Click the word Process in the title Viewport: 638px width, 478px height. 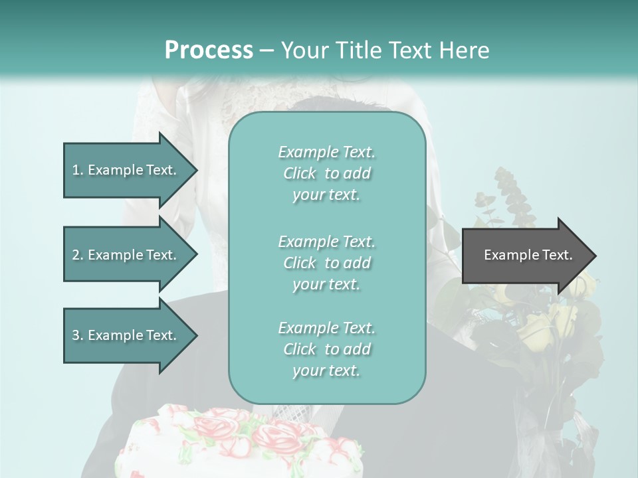[x=209, y=50]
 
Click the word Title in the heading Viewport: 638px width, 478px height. [x=359, y=50]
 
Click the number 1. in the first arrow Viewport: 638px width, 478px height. [x=78, y=170]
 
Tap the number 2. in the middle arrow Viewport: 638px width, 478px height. [x=78, y=255]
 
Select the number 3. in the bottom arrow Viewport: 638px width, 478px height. [x=78, y=335]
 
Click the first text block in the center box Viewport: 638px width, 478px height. [x=327, y=173]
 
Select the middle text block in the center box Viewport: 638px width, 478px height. [x=327, y=262]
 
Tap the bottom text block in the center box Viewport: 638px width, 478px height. [x=327, y=349]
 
